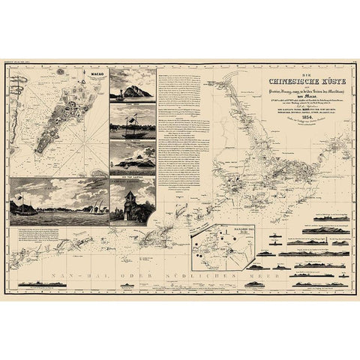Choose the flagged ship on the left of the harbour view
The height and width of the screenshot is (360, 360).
click(23, 206)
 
